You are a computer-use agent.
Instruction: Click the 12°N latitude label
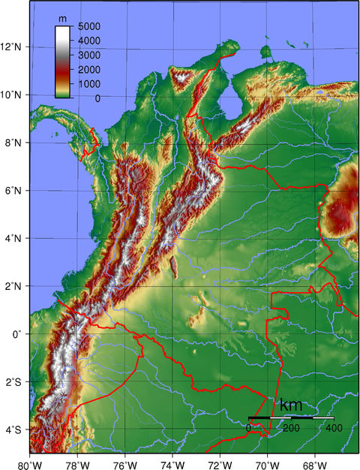point(13,47)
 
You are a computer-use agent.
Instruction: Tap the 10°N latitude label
point(13,95)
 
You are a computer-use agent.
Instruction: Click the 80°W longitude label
point(30,462)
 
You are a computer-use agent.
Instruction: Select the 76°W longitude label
point(125,462)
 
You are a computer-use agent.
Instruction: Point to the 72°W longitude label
point(220,462)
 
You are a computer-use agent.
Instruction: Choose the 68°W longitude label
point(315,462)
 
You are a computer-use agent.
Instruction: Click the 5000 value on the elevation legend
point(89,26)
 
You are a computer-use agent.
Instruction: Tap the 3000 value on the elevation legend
point(89,55)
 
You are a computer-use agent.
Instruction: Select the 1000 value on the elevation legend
point(89,83)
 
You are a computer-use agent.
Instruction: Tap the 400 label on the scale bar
point(334,427)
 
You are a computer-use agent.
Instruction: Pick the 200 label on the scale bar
point(291,427)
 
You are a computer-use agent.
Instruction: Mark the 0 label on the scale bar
point(249,427)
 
